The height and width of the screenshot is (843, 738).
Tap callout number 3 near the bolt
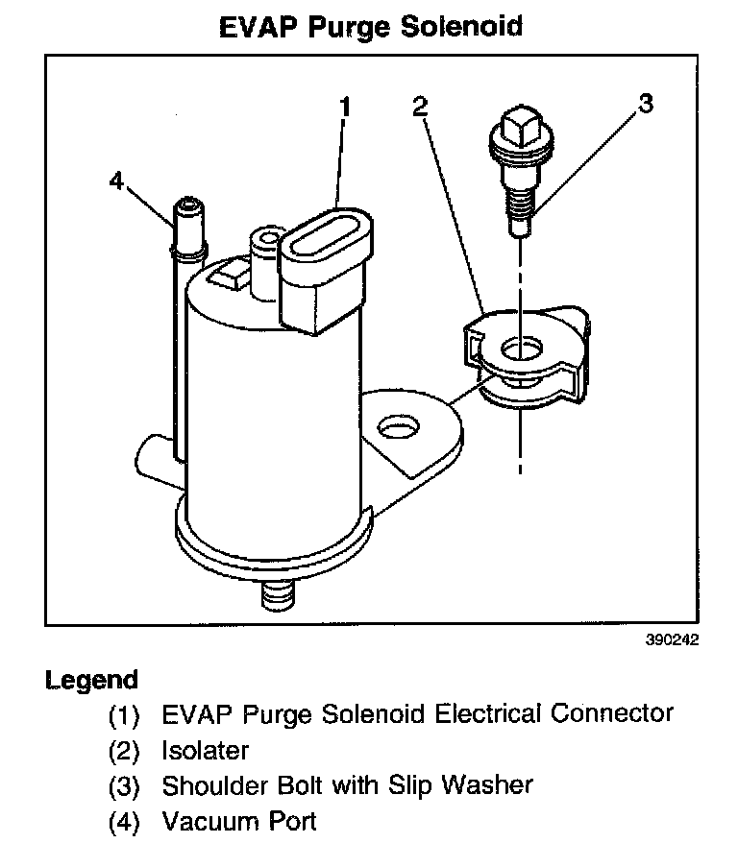point(645,104)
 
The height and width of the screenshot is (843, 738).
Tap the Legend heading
point(92,680)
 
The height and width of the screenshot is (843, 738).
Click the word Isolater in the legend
point(205,750)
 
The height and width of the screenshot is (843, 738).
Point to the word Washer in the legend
point(485,785)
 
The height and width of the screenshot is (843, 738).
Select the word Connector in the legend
point(612,713)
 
